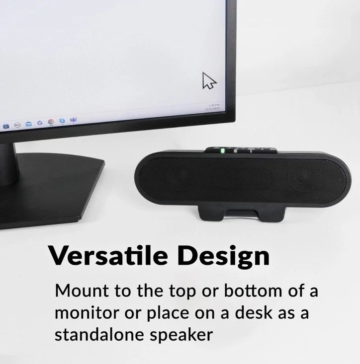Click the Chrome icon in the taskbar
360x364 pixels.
(x=50, y=121)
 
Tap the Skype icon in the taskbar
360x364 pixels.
(x=62, y=120)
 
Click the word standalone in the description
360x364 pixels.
(x=99, y=335)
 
